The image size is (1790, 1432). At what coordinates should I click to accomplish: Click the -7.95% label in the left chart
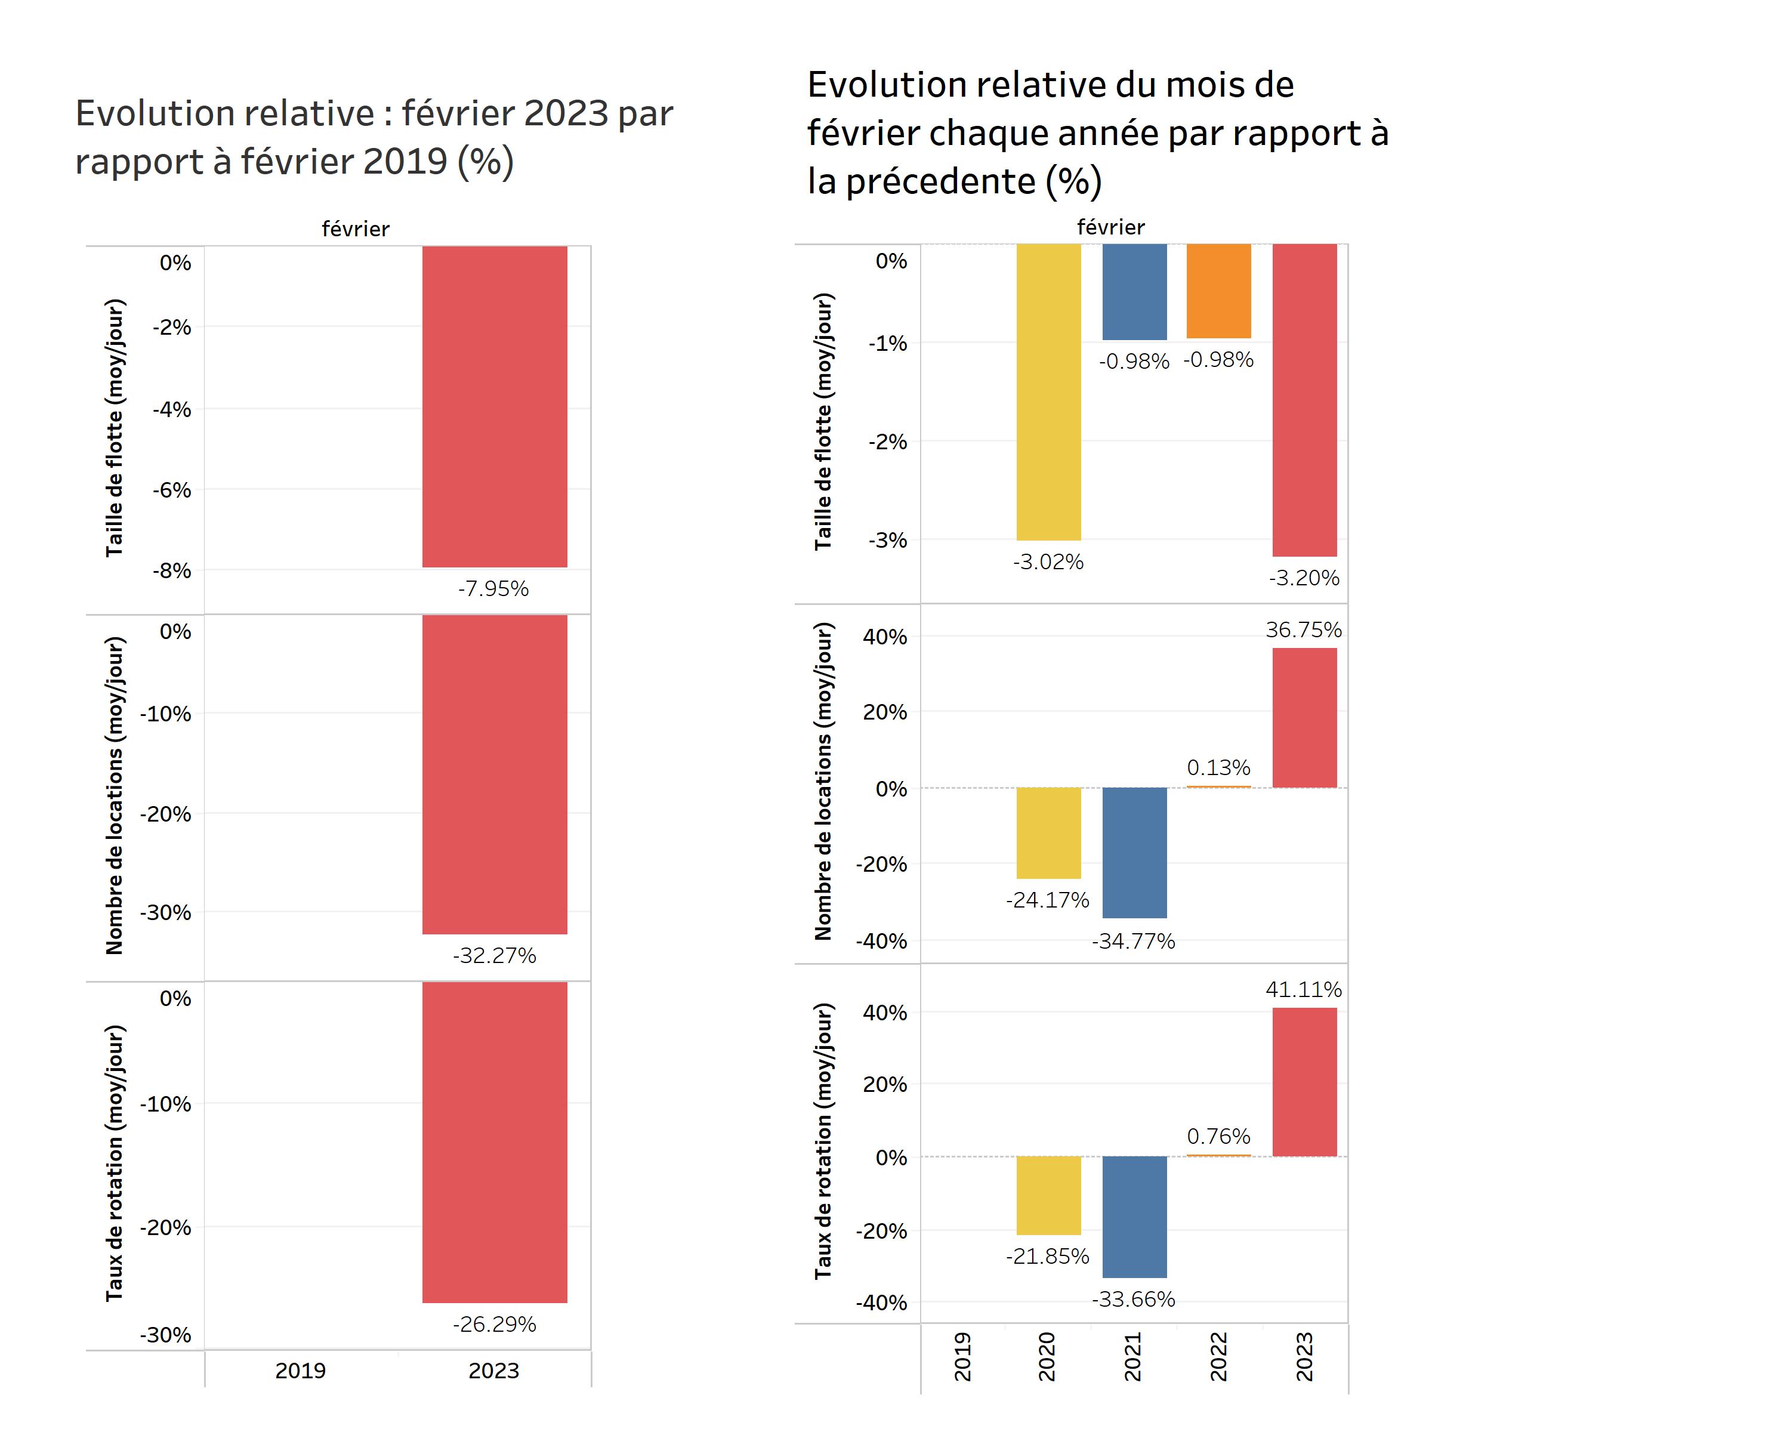click(493, 588)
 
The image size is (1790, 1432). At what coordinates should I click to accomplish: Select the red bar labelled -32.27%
click(494, 774)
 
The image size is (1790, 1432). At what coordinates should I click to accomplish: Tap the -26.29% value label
click(494, 1324)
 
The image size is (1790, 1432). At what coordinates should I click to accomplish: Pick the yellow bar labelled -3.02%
click(1048, 392)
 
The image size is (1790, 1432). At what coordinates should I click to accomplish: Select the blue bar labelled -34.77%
click(1134, 853)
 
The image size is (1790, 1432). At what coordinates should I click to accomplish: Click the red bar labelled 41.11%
click(1304, 1082)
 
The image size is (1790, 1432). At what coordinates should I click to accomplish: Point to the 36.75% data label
click(1304, 630)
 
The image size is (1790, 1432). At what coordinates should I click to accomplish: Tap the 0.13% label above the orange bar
click(1218, 768)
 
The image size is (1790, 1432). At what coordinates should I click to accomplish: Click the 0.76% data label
click(1218, 1137)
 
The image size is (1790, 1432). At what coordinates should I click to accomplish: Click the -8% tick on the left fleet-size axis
click(171, 571)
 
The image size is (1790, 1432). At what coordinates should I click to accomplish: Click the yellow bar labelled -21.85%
click(1048, 1195)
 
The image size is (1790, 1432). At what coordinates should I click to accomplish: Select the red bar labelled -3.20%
click(1304, 400)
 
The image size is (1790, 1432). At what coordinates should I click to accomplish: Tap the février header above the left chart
click(356, 229)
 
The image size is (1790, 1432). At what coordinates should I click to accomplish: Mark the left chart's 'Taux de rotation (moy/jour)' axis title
click(115, 1163)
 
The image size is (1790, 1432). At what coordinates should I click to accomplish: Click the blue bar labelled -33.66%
click(1134, 1217)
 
